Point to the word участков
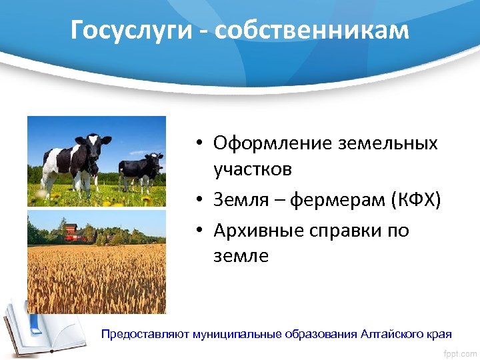tap(253, 169)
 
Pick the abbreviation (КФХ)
tap(417, 200)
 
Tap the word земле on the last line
tap(241, 256)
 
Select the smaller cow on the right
tap(141, 170)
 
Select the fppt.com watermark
tap(459, 351)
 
